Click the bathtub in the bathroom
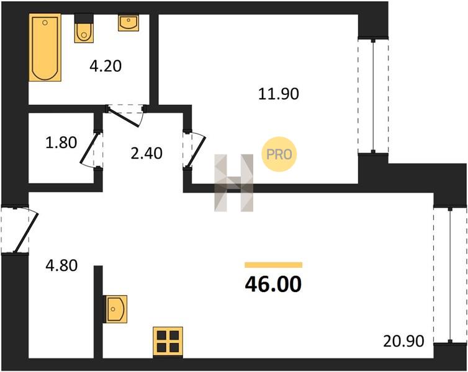point(45,48)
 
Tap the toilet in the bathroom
point(84,29)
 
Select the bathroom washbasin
point(128,23)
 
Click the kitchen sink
point(115,309)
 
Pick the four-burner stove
point(168,342)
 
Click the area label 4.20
point(106,66)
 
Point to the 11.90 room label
point(279,94)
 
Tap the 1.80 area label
point(61,143)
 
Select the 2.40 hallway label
point(146,153)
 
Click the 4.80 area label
point(61,265)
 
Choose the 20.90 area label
point(403,341)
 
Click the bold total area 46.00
point(273,284)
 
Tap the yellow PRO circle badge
point(279,154)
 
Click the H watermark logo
point(234,183)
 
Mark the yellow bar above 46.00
point(273,265)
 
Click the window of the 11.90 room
point(373,95)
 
